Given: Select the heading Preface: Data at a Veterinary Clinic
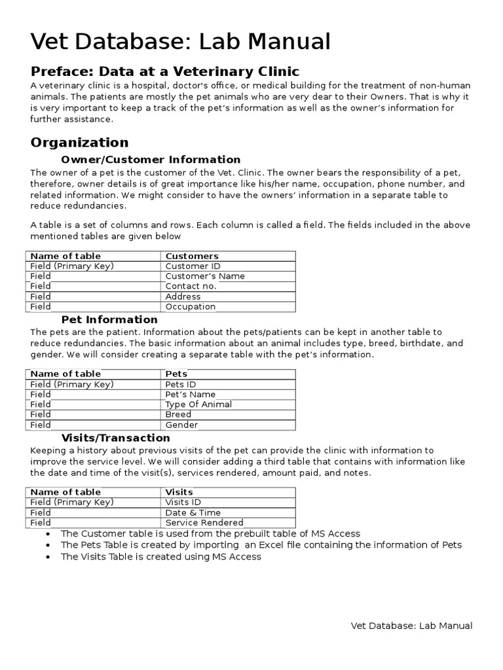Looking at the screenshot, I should (165, 71).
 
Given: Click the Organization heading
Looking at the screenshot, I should (80, 142).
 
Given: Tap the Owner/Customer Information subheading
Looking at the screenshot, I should (151, 160).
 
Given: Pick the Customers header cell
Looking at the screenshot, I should (192, 256).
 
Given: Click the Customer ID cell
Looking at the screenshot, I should (193, 266).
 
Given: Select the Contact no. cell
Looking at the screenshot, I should (191, 286).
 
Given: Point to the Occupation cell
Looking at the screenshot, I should (190, 306).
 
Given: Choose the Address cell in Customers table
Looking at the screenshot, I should (183, 296).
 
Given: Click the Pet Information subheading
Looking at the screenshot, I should (109, 319).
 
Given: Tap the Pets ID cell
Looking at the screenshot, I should (181, 384).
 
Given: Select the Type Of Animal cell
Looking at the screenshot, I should (198, 404).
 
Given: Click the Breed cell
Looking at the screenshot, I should (178, 414).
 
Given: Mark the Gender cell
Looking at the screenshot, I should (181, 425).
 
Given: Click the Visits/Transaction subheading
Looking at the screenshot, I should (115, 438).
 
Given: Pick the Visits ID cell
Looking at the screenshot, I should (183, 502).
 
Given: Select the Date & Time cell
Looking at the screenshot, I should (193, 512).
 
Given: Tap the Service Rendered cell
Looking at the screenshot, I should (204, 522).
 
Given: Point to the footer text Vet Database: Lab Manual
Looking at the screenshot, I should (411, 626).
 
